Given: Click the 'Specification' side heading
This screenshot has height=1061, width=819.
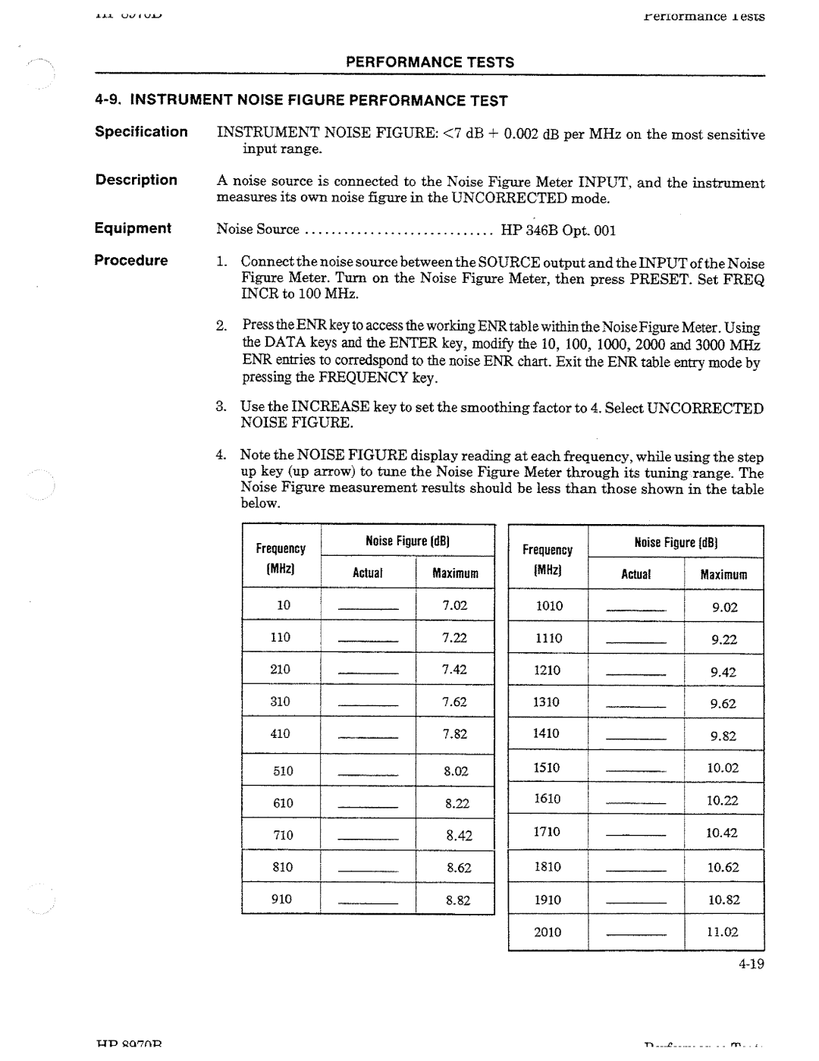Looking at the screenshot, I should pos(141,132).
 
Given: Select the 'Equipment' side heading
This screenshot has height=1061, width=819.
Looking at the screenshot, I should pos(133,228).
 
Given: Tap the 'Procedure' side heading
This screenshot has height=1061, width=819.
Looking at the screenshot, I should pos(131,260).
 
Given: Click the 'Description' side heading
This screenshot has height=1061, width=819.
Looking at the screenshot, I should pos(136,180).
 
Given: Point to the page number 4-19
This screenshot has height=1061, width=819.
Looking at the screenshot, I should pos(749,965).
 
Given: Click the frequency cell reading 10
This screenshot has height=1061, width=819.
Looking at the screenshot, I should pos(283,605).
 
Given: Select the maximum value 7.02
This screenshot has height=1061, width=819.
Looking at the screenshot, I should pos(455,605).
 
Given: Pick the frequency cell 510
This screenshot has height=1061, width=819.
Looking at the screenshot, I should pos(283,771).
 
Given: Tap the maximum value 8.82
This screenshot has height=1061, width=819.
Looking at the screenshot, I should pos(458,900).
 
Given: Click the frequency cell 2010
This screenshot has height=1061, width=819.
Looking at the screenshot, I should pos(548,932).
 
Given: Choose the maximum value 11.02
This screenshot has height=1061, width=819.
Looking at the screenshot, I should pos(723,932).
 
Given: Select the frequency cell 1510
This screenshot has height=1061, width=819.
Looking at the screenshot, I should pos(547,767).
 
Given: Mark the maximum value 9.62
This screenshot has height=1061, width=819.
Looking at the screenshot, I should pos(723,704).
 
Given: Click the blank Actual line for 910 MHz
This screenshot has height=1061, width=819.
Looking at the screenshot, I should pos(368,905).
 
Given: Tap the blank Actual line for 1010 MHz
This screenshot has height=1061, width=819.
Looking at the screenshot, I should pos(636,611).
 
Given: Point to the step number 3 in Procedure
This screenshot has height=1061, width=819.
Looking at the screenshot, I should pos(220,407).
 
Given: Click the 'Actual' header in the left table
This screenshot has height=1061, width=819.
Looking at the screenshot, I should pos(368,573).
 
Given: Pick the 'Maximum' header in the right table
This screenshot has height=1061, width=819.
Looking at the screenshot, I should pos(723,575).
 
